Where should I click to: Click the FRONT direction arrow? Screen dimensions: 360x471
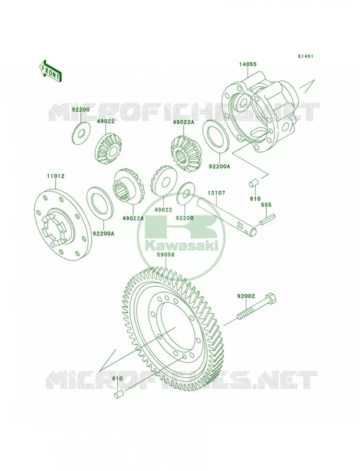click(x=51, y=71)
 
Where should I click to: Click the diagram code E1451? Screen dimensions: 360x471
click(x=306, y=56)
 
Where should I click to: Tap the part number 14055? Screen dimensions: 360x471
click(x=248, y=64)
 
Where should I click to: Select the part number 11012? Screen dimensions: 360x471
click(x=55, y=176)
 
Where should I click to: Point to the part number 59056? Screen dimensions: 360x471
click(x=166, y=254)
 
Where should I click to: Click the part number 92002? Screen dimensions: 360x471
click(x=246, y=296)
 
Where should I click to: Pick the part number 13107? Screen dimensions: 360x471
click(x=216, y=193)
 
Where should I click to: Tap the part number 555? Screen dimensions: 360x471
click(x=266, y=205)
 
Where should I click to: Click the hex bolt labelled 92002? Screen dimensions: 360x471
click(x=256, y=306)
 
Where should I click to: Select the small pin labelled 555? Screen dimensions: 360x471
click(x=267, y=219)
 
